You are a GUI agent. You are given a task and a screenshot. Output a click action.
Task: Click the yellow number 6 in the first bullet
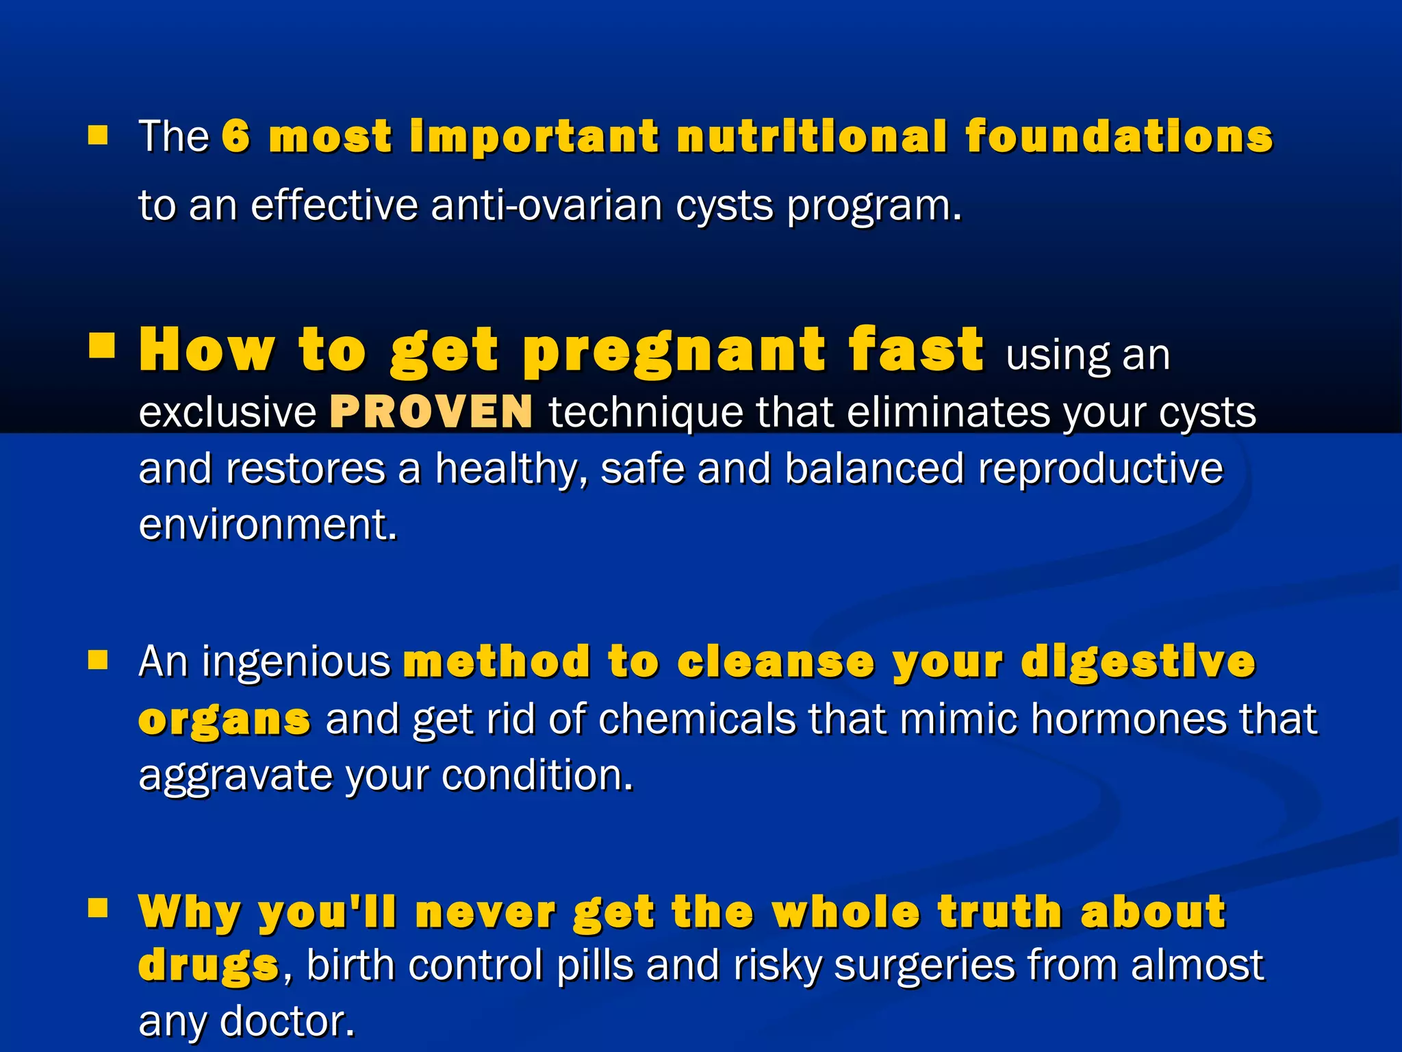coord(236,136)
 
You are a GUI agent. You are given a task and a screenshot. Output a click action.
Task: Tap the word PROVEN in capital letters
coord(431,412)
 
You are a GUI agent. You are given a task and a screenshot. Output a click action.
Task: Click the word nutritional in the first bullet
coord(812,136)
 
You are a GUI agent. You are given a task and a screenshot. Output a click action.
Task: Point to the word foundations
coord(1119,136)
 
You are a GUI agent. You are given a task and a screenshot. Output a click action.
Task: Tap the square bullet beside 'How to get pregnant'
coord(101,346)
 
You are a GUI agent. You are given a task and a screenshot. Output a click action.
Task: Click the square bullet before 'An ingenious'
coord(99,660)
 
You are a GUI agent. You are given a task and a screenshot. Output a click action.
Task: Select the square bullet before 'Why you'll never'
coord(99,908)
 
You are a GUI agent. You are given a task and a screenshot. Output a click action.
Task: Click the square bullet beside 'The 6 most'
coord(99,135)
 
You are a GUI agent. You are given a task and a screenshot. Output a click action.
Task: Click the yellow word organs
coord(225,720)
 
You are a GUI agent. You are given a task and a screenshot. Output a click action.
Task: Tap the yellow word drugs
coord(208,965)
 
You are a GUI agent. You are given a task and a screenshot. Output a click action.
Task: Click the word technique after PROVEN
coord(646,412)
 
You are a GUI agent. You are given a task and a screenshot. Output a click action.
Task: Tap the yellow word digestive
coord(1138,662)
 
